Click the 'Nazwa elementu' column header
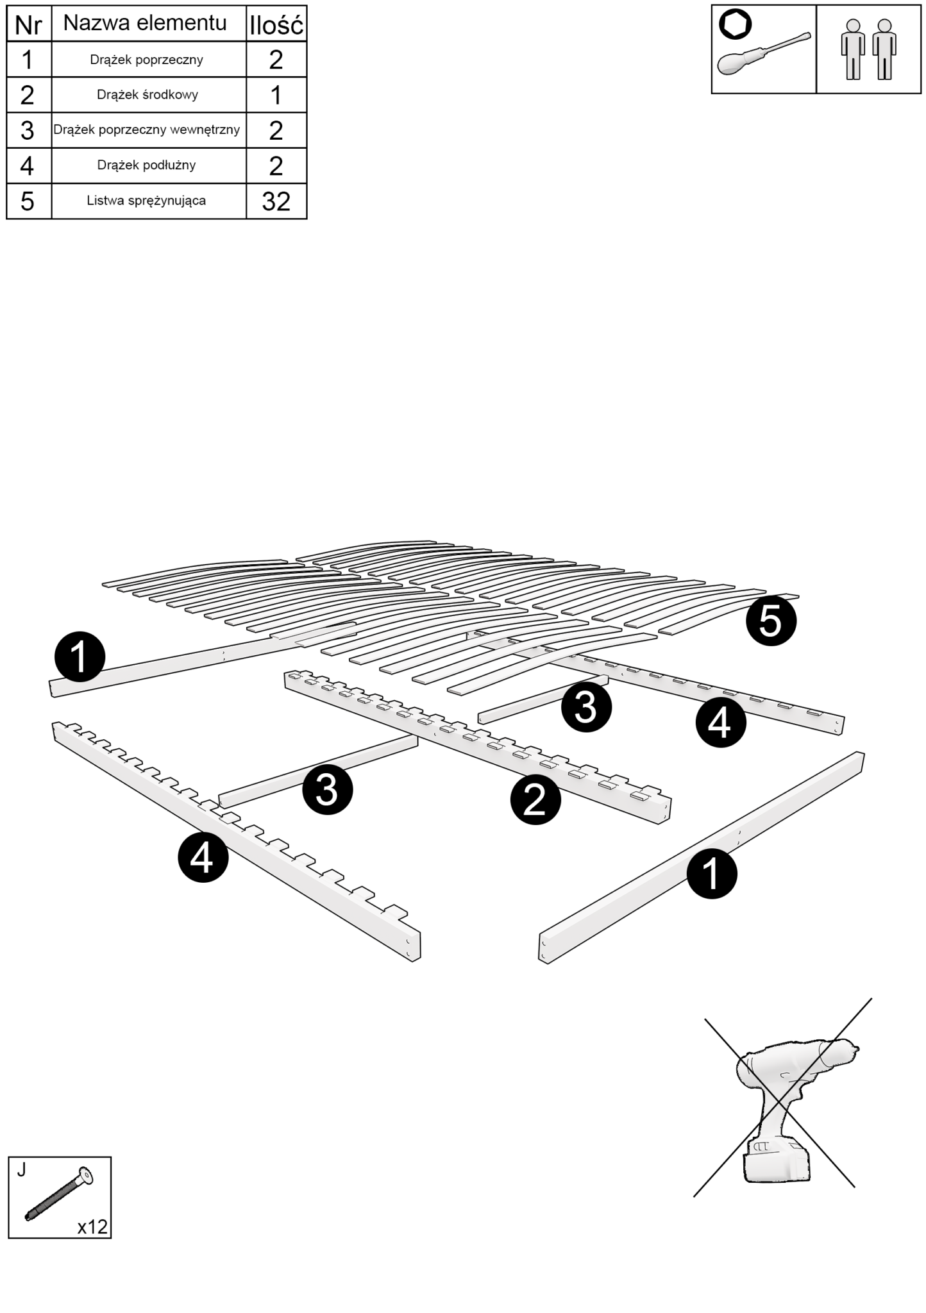146,24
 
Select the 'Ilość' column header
276,25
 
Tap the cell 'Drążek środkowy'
147,95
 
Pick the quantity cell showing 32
276,201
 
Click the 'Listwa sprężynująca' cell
147,201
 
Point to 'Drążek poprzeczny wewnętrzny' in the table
147,130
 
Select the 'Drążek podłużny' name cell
147,165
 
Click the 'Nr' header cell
28,25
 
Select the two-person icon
868,49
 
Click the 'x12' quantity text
92,1226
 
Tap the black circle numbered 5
771,621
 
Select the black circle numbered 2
535,799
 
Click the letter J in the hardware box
22,1170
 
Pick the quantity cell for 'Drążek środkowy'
276,95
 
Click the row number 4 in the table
28,165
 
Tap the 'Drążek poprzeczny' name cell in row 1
147,60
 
